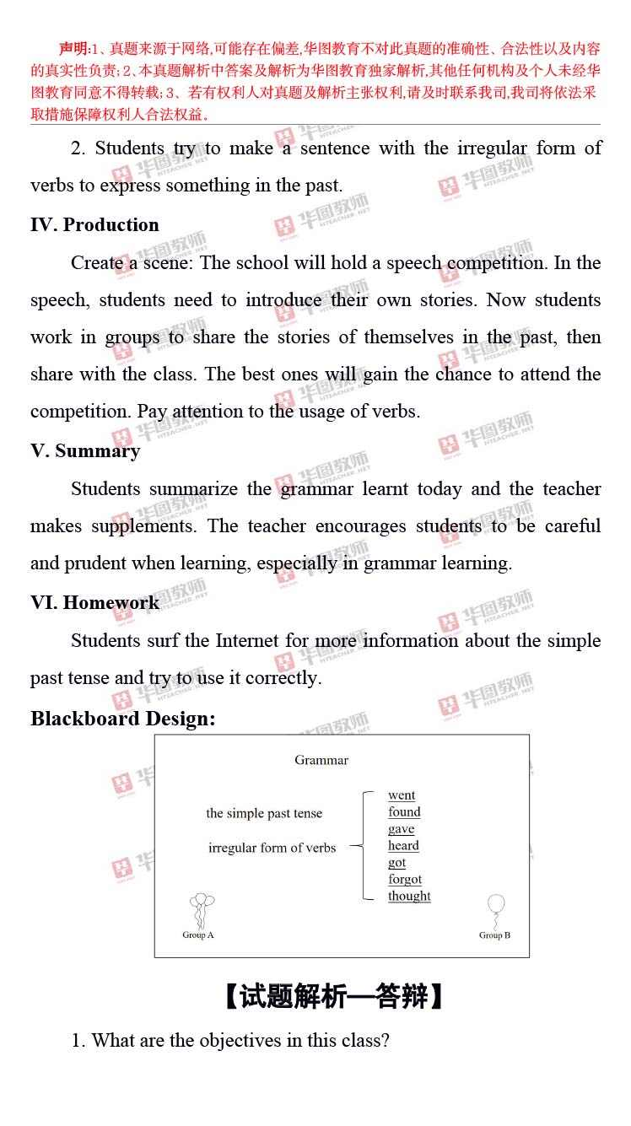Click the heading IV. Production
tap(94, 225)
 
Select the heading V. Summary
tap(85, 451)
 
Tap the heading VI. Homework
tap(94, 603)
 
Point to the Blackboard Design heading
tap(123, 719)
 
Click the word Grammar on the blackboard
tap(321, 760)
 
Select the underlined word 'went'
tap(402, 795)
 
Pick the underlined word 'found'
tap(404, 812)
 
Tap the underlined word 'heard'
tap(403, 846)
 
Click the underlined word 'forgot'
tap(405, 880)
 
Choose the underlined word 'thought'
tap(409, 897)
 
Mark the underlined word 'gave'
tap(402, 829)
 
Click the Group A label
tap(198, 935)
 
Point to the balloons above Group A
tap(200, 908)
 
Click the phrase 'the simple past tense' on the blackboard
tap(264, 814)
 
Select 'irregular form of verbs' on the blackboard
tap(272, 848)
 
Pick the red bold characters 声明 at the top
tap(73, 48)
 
